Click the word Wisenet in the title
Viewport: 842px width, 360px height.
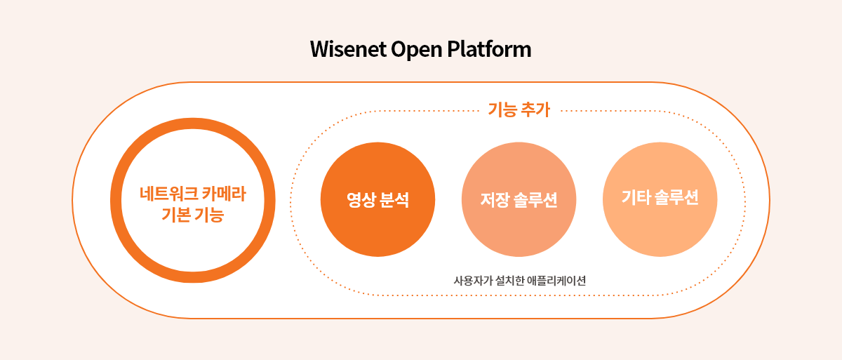click(x=348, y=49)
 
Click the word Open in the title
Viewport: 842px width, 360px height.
click(x=417, y=50)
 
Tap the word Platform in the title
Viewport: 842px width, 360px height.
click(x=489, y=49)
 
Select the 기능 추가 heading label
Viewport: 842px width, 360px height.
click(x=519, y=109)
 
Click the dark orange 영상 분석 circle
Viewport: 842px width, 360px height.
click(x=377, y=199)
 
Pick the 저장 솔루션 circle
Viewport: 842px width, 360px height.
click(x=519, y=199)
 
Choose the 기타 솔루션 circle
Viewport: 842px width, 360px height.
click(x=660, y=199)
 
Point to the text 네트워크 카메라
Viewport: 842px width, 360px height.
click(x=193, y=194)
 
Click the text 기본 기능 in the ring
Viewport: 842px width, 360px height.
click(x=193, y=215)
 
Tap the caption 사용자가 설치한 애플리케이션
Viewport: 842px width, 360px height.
click(x=520, y=281)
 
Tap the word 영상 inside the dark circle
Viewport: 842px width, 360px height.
click(x=361, y=199)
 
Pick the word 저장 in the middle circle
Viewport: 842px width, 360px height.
click(x=495, y=199)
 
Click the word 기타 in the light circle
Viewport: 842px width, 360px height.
click(x=636, y=197)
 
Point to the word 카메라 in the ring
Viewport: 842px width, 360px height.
click(x=224, y=194)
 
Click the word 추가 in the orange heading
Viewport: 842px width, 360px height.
click(x=535, y=109)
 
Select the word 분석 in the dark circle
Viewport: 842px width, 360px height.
click(x=394, y=199)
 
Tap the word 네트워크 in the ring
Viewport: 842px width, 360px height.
click(x=169, y=194)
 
